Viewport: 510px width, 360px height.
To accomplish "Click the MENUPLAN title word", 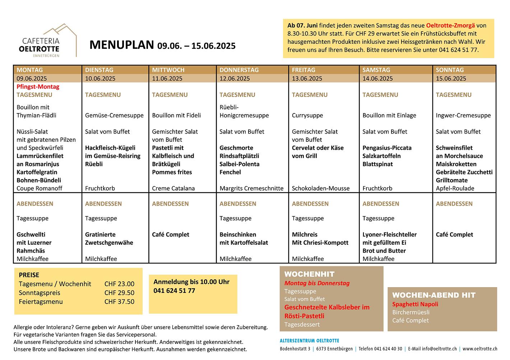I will (121, 45).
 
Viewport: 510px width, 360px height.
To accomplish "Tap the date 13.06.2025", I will (307, 79).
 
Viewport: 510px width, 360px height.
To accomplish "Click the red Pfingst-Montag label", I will (38, 87).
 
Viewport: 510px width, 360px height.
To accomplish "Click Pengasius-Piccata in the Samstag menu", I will (387, 148).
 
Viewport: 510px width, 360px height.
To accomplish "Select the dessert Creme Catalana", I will (173, 188).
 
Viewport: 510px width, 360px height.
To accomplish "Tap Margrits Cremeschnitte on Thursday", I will (251, 188).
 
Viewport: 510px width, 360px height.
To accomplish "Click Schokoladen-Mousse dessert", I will (320, 188).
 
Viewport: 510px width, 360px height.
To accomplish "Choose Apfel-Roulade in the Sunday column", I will (455, 188).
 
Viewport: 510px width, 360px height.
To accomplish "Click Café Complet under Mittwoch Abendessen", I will (170, 235).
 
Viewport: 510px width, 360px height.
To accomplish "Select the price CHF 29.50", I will (119, 293).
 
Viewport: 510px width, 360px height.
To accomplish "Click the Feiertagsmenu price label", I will (41, 302).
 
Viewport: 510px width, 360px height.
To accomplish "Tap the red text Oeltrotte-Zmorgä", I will (450, 25).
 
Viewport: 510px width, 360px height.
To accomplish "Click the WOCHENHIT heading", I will (309, 274).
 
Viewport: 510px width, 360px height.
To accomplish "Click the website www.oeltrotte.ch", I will (480, 349).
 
